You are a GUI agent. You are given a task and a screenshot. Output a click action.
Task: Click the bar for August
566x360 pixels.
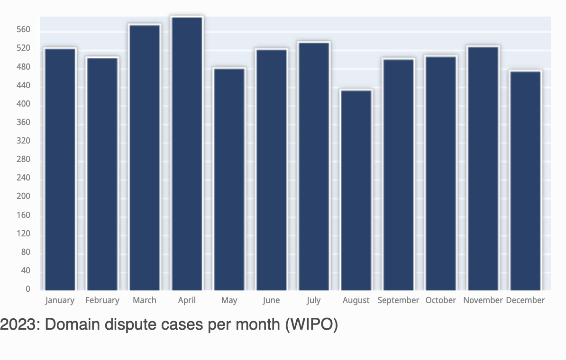point(356,190)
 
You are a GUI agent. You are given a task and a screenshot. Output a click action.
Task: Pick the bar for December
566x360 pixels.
point(525,180)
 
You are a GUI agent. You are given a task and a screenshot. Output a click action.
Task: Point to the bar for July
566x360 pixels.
point(314,166)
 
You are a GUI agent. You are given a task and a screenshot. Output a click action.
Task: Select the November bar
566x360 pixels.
point(483,168)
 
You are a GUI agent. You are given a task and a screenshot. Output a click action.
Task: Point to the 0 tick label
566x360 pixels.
point(28,289)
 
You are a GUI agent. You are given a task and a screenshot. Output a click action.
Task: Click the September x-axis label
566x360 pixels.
point(398,300)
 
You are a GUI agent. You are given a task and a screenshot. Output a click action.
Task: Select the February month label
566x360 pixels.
point(102,300)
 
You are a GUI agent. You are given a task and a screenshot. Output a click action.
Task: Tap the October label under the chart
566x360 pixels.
point(440,300)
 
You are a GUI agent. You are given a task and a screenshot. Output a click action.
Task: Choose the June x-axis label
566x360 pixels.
point(271,300)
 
